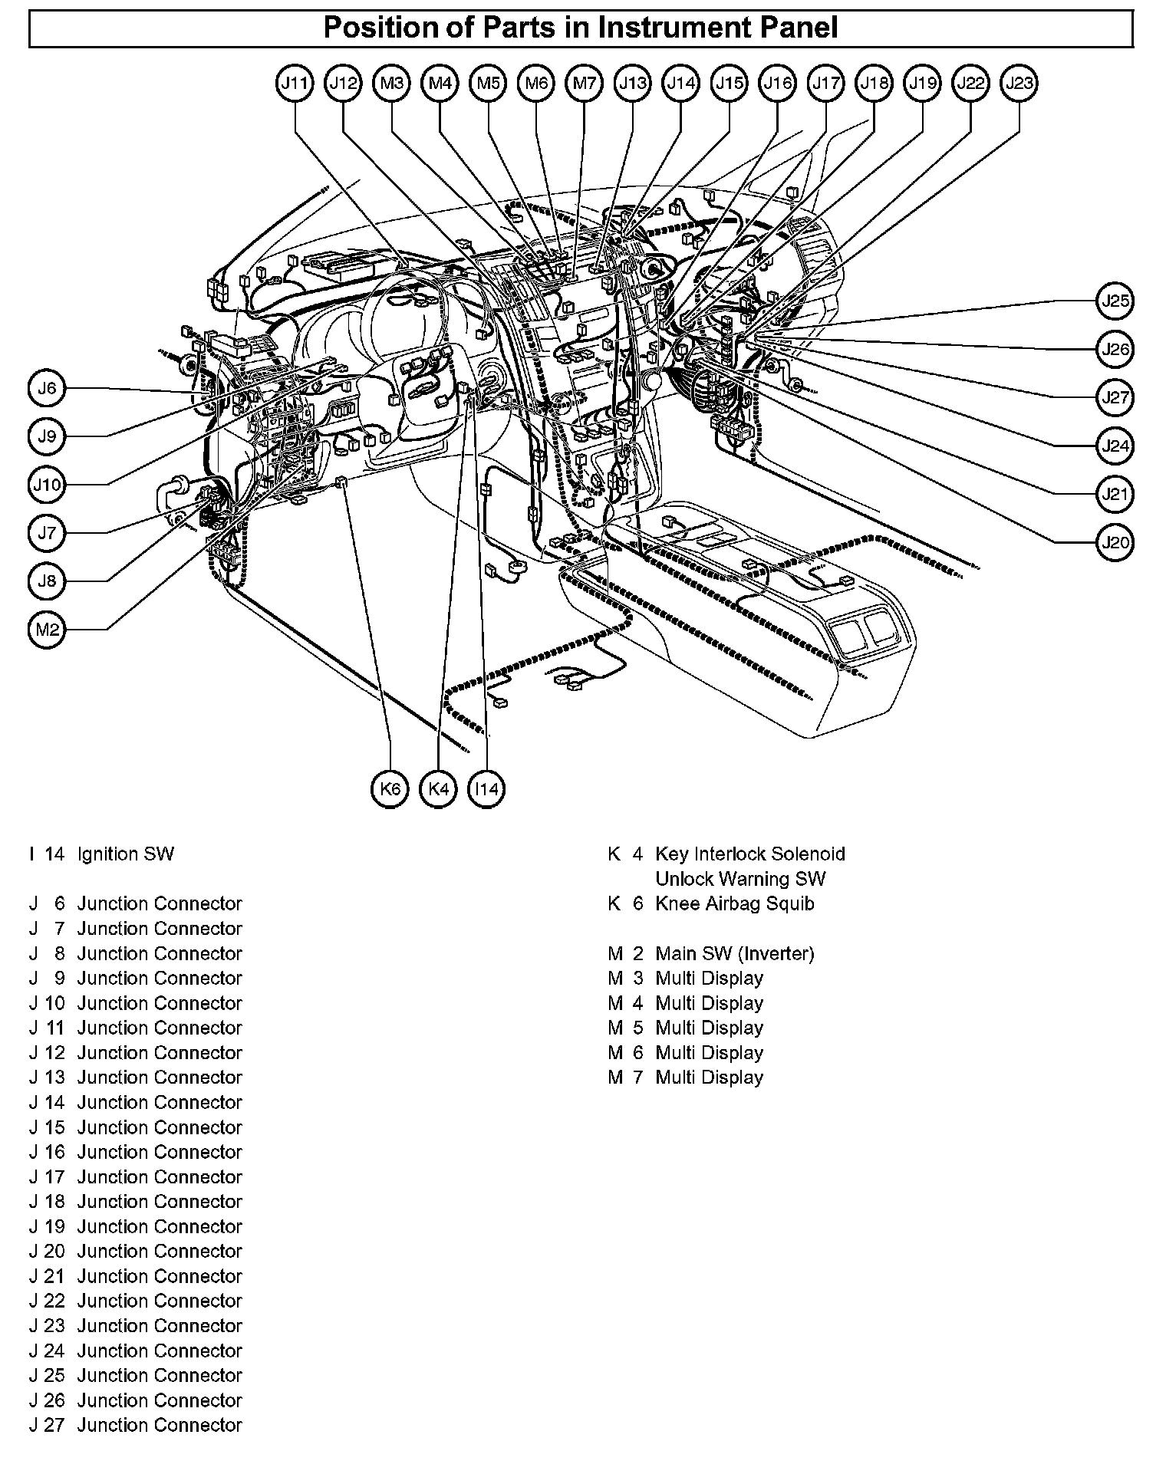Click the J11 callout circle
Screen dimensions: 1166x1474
tap(295, 83)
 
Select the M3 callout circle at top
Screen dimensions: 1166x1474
tap(392, 83)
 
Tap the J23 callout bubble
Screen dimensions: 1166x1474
tap(1019, 83)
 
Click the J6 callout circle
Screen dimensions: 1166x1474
tap(48, 389)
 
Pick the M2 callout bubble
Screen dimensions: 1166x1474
tap(48, 630)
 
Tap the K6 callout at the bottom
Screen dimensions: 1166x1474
tap(390, 788)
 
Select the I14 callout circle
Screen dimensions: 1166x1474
tap(486, 788)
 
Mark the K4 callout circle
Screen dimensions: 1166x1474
tap(439, 788)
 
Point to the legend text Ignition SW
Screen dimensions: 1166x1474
tap(126, 854)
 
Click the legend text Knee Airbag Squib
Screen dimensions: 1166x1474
tap(735, 904)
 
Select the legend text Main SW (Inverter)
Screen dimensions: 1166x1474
tap(735, 954)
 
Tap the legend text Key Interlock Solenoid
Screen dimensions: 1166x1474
tap(750, 854)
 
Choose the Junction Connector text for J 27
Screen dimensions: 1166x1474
tap(160, 1425)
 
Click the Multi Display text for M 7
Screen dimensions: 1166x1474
tap(710, 1078)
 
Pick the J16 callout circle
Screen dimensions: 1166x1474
tap(778, 83)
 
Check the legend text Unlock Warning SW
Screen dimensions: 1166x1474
tap(741, 879)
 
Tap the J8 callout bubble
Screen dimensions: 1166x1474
tap(48, 581)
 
